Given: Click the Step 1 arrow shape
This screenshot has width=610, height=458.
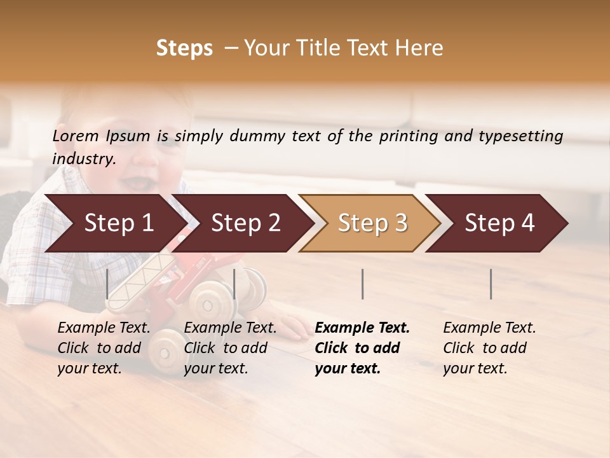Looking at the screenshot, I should [114, 223].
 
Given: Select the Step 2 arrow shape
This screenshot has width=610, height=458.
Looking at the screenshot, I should [245, 223].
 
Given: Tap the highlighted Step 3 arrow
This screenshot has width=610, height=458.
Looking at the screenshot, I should [372, 223].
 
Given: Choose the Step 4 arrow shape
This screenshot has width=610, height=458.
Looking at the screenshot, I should [499, 223].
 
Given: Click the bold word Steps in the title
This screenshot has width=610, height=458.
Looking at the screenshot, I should [184, 48].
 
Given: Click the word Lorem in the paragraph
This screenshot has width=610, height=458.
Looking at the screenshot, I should [76, 135].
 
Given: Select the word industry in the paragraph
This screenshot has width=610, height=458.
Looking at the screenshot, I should [83, 159].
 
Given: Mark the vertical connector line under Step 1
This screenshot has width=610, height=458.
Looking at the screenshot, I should [107, 284].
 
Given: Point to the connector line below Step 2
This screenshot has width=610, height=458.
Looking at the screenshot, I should [234, 284].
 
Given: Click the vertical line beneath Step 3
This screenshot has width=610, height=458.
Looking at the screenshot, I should [362, 284].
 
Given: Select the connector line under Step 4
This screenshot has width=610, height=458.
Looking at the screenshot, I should [491, 284].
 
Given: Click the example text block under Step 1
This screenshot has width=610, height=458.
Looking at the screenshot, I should [104, 348].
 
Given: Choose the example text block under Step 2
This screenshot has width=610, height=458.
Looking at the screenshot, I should [230, 348].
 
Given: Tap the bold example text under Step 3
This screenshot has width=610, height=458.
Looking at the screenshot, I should [362, 348].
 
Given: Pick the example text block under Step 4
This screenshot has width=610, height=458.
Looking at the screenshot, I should [489, 348].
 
